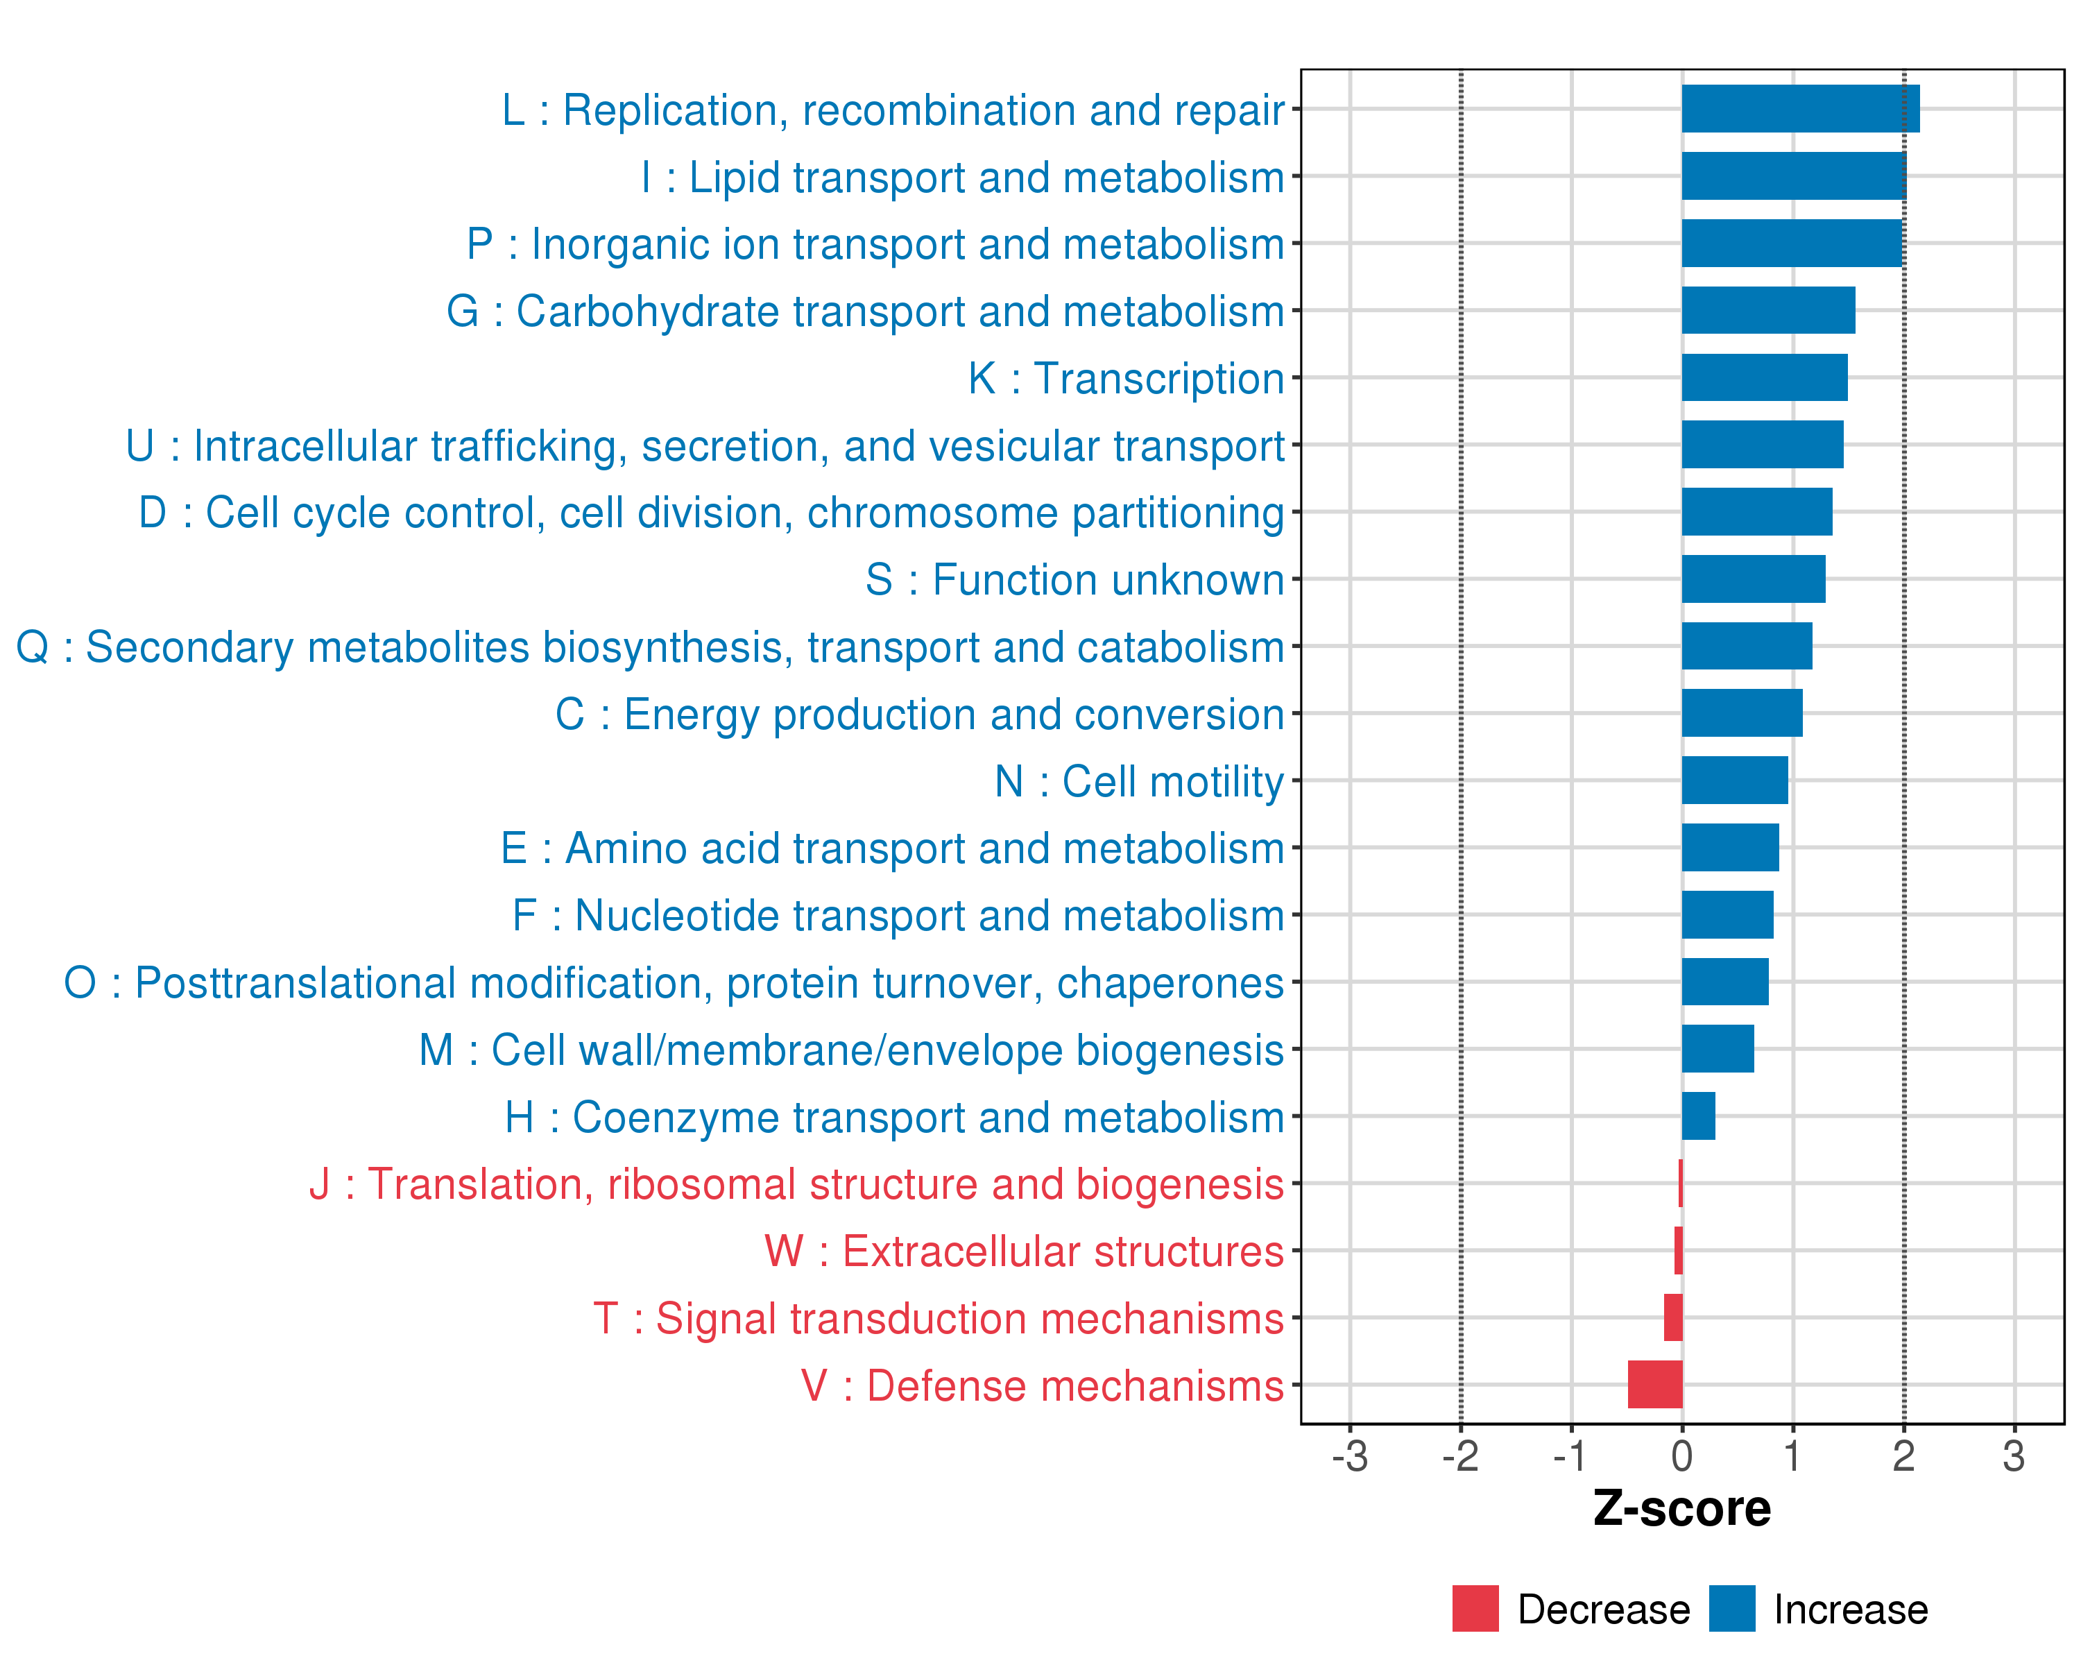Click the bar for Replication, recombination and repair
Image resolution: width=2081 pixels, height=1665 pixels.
point(1800,109)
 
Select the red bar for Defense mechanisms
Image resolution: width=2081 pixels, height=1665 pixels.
point(1654,1384)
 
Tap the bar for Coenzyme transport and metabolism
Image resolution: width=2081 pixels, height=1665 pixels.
point(1698,1116)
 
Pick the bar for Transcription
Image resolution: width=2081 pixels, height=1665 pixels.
point(1765,377)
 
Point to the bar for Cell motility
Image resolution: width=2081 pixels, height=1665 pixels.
point(1734,780)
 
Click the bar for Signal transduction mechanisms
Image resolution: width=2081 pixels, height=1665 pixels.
point(1672,1317)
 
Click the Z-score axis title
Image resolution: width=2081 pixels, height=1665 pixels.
point(1681,1509)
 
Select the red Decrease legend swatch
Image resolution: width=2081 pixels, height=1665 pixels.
point(1475,1609)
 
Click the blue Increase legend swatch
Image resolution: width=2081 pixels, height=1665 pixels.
point(1731,1609)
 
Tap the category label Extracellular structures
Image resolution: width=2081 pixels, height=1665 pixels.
point(1024,1251)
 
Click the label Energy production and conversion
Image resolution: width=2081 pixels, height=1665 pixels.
point(920,715)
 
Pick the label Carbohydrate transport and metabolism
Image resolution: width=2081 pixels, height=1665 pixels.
point(865,311)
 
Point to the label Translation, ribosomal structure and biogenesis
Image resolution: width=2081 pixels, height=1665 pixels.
point(796,1184)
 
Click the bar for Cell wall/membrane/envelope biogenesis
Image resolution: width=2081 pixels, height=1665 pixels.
point(1717,1049)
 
